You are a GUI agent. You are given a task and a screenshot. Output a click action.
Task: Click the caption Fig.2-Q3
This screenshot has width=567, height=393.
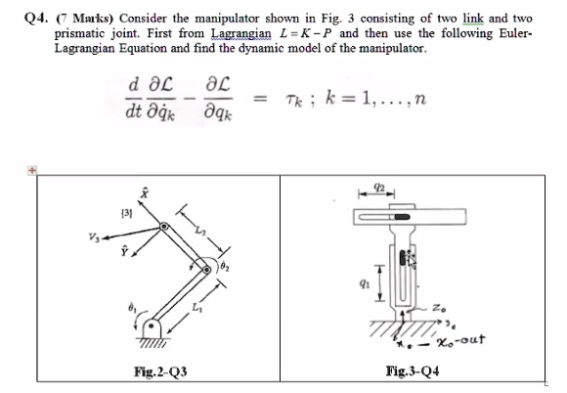160,371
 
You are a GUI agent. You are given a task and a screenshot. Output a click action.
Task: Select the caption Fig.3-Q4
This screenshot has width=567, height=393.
413,371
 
